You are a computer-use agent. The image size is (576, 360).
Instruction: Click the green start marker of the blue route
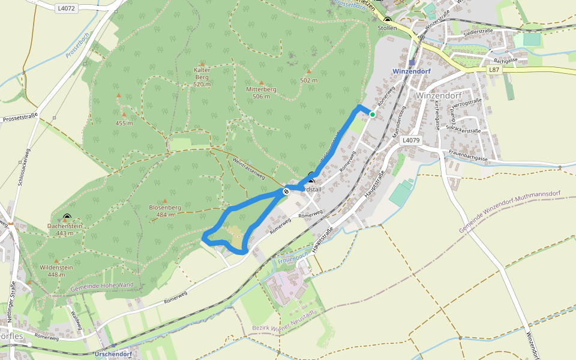373,115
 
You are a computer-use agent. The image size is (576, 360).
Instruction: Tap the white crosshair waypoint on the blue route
286,192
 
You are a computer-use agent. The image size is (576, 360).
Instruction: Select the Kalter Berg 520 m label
202,77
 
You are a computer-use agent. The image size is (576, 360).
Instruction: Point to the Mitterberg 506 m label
261,92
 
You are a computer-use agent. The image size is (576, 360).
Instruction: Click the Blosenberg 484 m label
165,211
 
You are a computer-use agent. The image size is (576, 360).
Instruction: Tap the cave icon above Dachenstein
67,218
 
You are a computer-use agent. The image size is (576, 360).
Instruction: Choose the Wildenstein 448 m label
56,271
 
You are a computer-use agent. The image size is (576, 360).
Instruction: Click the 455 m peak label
124,123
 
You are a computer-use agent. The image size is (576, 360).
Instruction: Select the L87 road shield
493,70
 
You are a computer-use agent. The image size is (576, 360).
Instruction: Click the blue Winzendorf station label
411,71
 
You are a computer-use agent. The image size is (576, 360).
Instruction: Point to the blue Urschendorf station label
113,354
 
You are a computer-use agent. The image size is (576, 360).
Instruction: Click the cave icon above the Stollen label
388,20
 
